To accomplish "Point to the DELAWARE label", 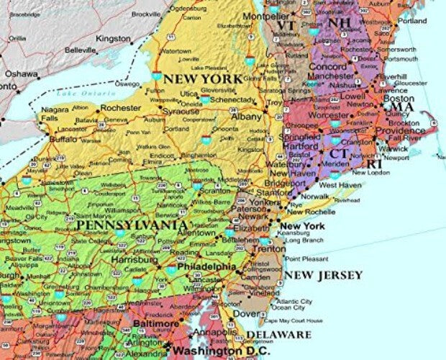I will (x=279, y=335).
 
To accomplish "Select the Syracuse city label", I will (x=181, y=112).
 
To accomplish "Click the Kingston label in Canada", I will (x=113, y=37).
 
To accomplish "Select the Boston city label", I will (x=399, y=98).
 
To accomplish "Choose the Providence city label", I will (x=400, y=131).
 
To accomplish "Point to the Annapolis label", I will (x=217, y=333).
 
